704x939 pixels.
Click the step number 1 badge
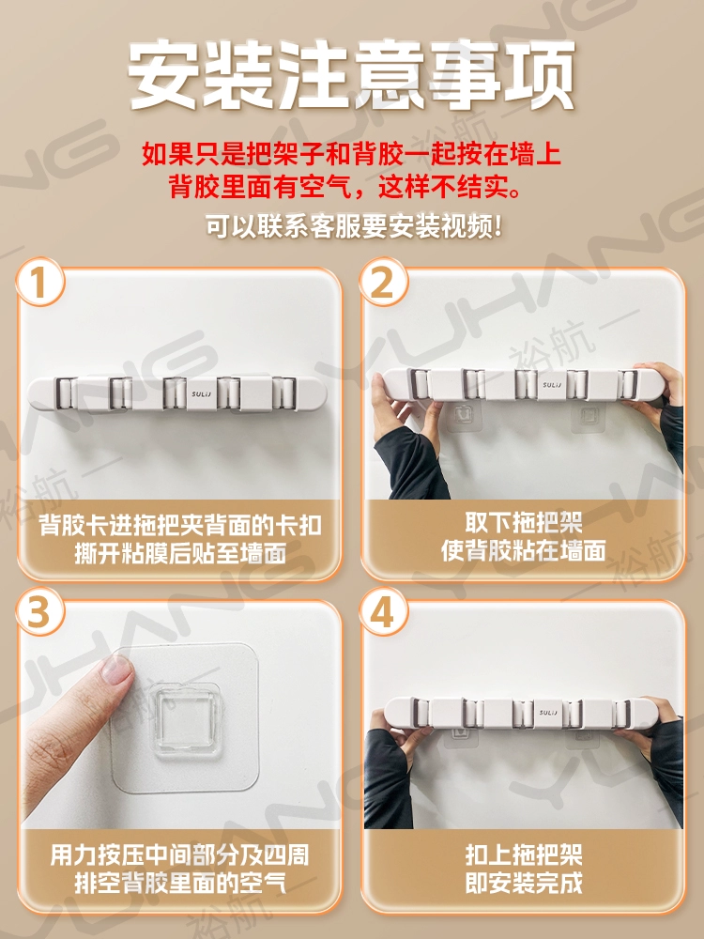click(39, 282)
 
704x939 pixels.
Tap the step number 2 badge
click(383, 282)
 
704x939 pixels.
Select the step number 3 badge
click(39, 612)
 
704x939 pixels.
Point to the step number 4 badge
click(383, 612)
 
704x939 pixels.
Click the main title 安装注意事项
click(352, 75)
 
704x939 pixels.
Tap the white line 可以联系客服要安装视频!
click(353, 226)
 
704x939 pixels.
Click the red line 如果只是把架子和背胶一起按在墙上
click(352, 153)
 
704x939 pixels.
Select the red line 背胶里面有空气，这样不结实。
click(345, 186)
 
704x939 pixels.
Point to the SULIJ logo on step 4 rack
click(548, 712)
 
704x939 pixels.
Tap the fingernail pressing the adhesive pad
click(118, 669)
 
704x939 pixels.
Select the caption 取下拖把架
click(524, 522)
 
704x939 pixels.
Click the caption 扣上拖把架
click(524, 854)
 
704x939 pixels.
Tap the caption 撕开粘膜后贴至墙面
click(180, 553)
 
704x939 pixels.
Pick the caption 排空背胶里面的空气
click(180, 883)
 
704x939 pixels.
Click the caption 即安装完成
click(524, 882)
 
